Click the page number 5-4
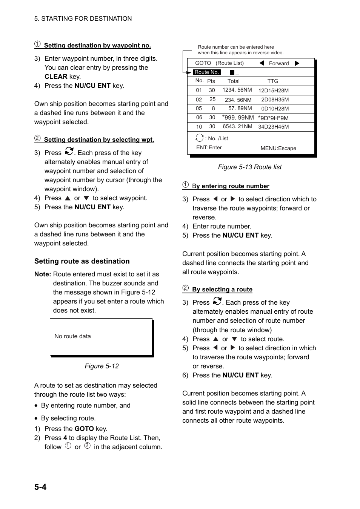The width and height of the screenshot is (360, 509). pyautogui.click(x=40, y=487)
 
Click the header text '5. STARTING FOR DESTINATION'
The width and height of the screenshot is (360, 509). pyautogui.click(x=83, y=18)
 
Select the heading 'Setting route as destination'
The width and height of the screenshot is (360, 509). pyautogui.click(x=82, y=261)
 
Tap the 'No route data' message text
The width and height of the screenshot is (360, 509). pyautogui.click(x=72, y=336)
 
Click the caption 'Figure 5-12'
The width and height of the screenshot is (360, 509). pyautogui.click(x=102, y=366)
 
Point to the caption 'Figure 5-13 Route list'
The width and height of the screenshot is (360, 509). pyautogui.click(x=249, y=167)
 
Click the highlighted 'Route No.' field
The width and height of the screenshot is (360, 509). pyautogui.click(x=206, y=72)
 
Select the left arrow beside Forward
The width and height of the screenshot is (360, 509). pyautogui.click(x=262, y=63)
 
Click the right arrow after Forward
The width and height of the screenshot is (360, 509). pyautogui.click(x=297, y=63)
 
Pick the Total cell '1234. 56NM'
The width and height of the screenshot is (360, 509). pyautogui.click(x=237, y=90)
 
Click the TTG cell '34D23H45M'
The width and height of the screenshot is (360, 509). pyautogui.click(x=273, y=127)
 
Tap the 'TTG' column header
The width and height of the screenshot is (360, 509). pyautogui.click(x=272, y=81)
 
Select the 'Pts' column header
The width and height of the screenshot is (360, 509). pyautogui.click(x=211, y=81)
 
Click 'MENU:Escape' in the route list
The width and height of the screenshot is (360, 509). pyautogui.click(x=278, y=148)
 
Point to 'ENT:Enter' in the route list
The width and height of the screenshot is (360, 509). pyautogui.click(x=209, y=148)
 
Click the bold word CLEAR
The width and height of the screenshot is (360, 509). pyautogui.click(x=56, y=77)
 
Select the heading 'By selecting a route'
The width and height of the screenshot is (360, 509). pyautogui.click(x=222, y=290)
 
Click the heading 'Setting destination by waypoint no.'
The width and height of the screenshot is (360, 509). pyautogui.click(x=97, y=46)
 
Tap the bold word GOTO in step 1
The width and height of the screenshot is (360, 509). pyautogui.click(x=84, y=429)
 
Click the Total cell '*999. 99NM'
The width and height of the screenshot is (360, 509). pyautogui.click(x=238, y=118)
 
